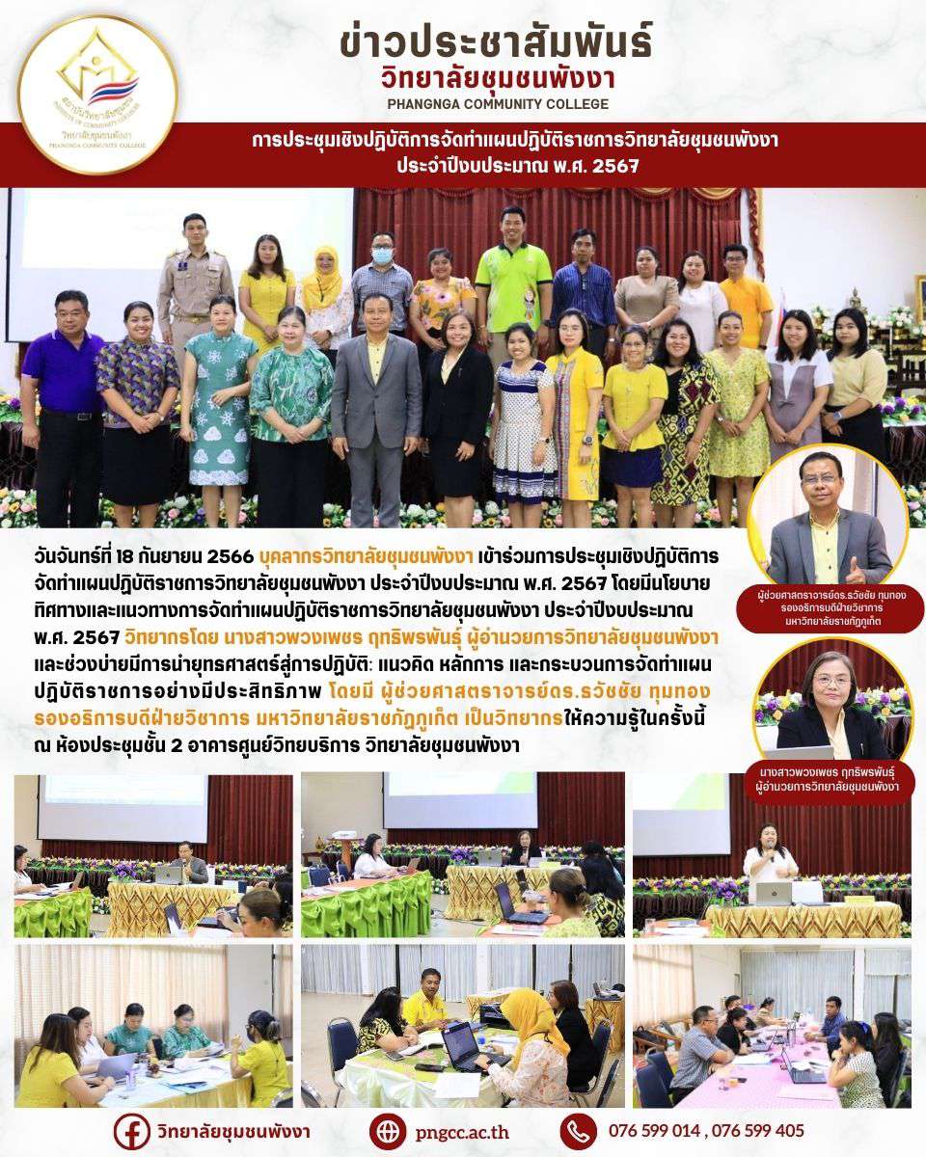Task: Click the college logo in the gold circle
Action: (97, 94)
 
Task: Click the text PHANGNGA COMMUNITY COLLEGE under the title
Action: (496, 104)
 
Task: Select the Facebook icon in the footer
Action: (131, 1130)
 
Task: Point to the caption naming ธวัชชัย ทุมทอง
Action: (828, 609)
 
